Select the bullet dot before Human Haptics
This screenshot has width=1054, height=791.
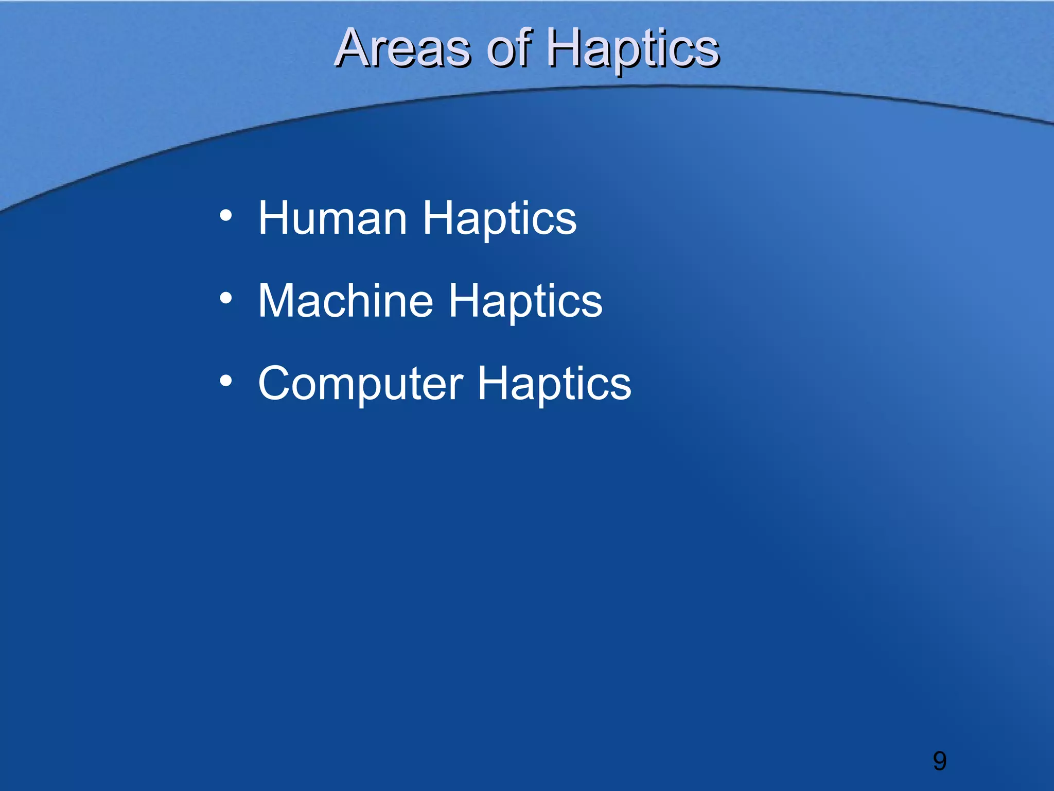[x=226, y=215]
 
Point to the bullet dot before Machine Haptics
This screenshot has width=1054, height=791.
[x=226, y=298]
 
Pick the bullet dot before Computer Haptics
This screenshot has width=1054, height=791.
[x=226, y=381]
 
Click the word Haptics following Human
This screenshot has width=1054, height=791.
[x=499, y=218]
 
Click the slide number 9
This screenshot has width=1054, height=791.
[x=939, y=761]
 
